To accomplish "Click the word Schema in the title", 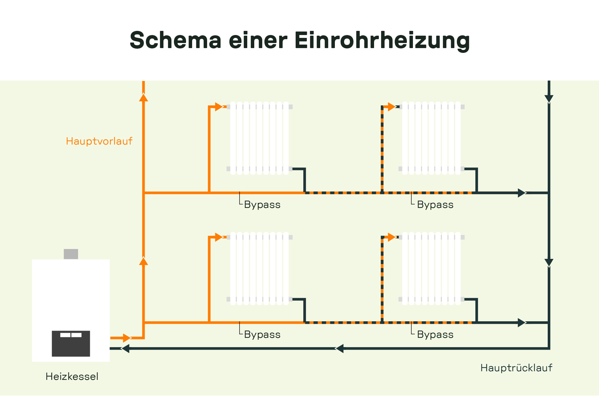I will point(176,41).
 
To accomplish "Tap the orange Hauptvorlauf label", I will point(99,141).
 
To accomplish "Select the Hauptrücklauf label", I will point(516,368).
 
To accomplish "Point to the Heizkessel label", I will point(72,376).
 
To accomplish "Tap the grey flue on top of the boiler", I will point(71,254).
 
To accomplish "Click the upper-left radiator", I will point(259,138).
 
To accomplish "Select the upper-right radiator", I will point(431,138).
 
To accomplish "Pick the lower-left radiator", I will point(259,268).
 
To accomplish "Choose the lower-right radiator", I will point(431,268).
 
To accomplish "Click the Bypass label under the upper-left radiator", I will point(262,204).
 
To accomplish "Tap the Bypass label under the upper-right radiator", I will point(435,204).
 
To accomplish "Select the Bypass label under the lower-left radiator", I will point(262,334).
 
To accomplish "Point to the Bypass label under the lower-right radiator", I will point(435,334).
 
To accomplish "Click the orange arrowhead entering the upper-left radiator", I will point(219,107).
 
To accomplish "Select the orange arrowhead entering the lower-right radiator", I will point(392,237).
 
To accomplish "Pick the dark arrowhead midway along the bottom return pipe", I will point(340,348).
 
